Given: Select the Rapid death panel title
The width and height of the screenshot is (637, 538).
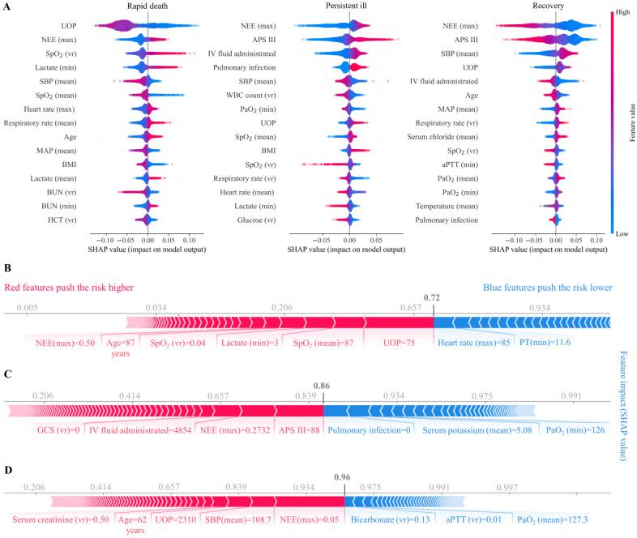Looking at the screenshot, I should pos(148,6).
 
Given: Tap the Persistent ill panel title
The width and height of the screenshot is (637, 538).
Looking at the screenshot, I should pos(349,6).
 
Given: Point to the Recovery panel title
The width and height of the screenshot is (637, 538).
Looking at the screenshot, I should pos(555,6).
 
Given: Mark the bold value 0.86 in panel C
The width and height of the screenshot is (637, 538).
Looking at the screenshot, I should pos(323,386).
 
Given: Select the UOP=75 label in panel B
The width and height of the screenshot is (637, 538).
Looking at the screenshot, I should pos(398,344).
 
